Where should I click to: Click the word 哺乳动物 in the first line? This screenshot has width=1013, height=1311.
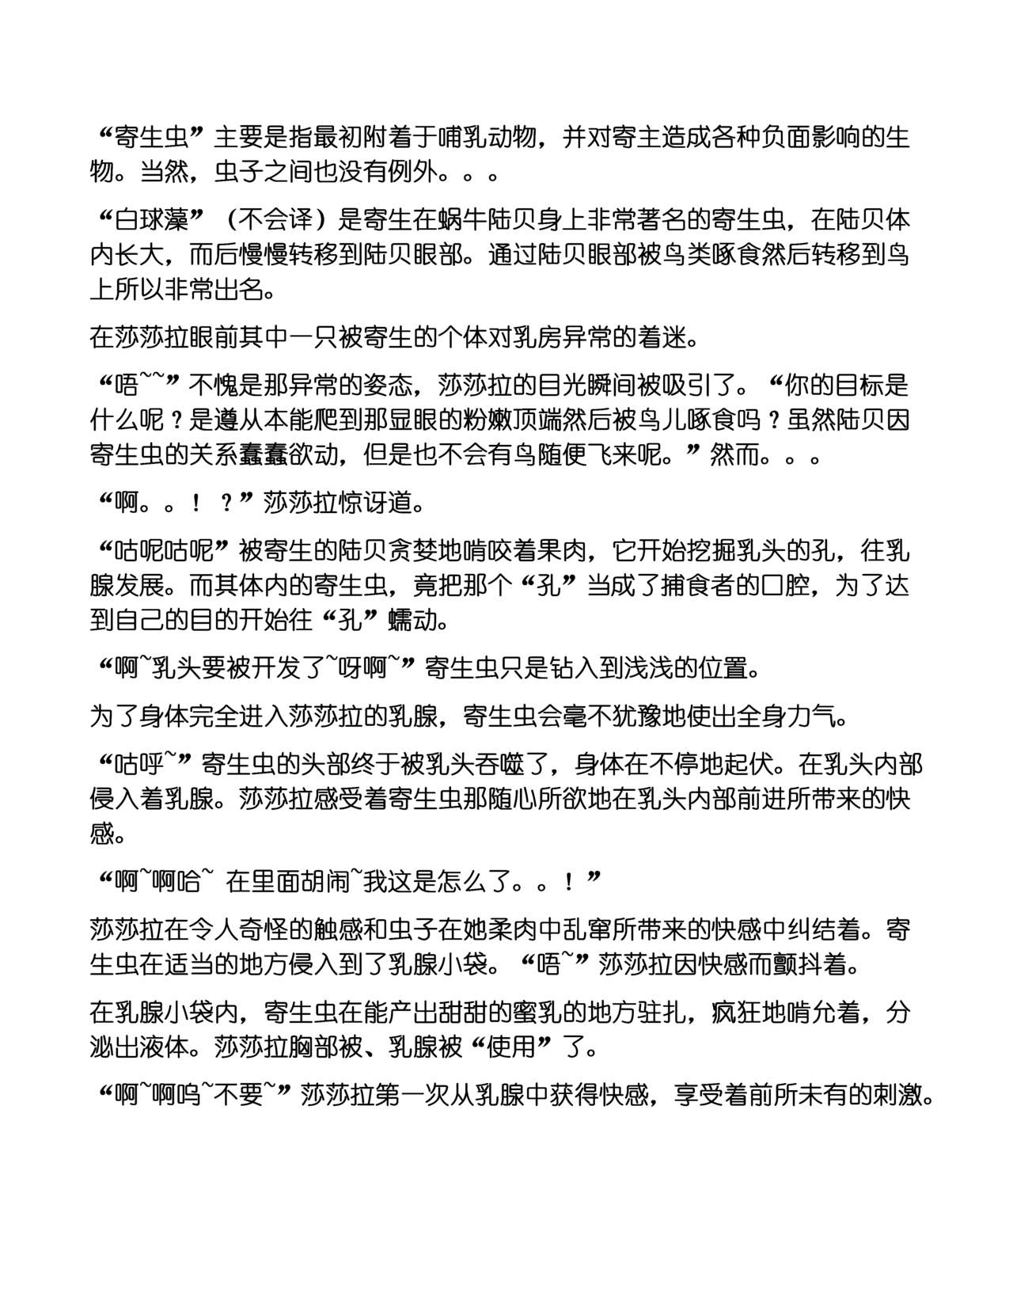click(483, 137)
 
